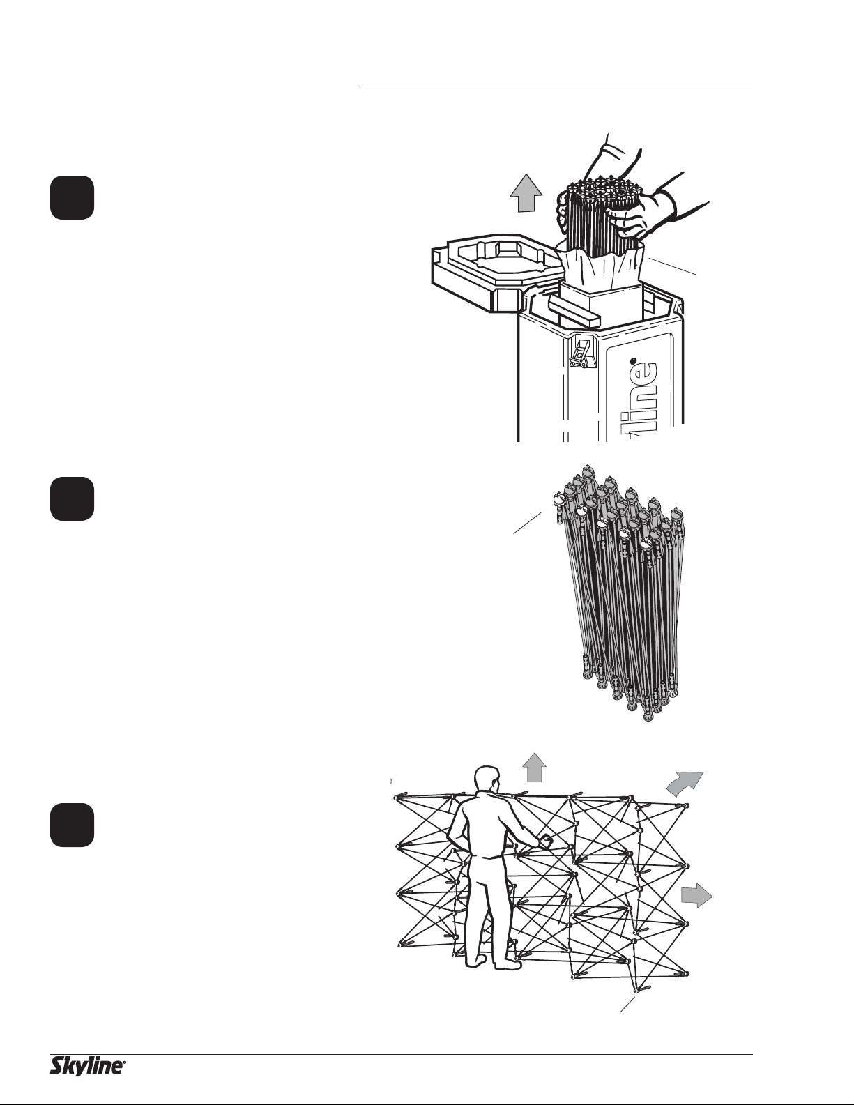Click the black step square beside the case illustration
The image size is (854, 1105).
tap(73, 197)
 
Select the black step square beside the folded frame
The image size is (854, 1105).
tap(73, 498)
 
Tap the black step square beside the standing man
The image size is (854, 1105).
tap(73, 825)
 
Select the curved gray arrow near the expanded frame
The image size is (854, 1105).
tap(684, 786)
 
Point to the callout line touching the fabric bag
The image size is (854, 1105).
tap(672, 266)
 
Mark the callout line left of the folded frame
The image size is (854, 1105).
tap(527, 523)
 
